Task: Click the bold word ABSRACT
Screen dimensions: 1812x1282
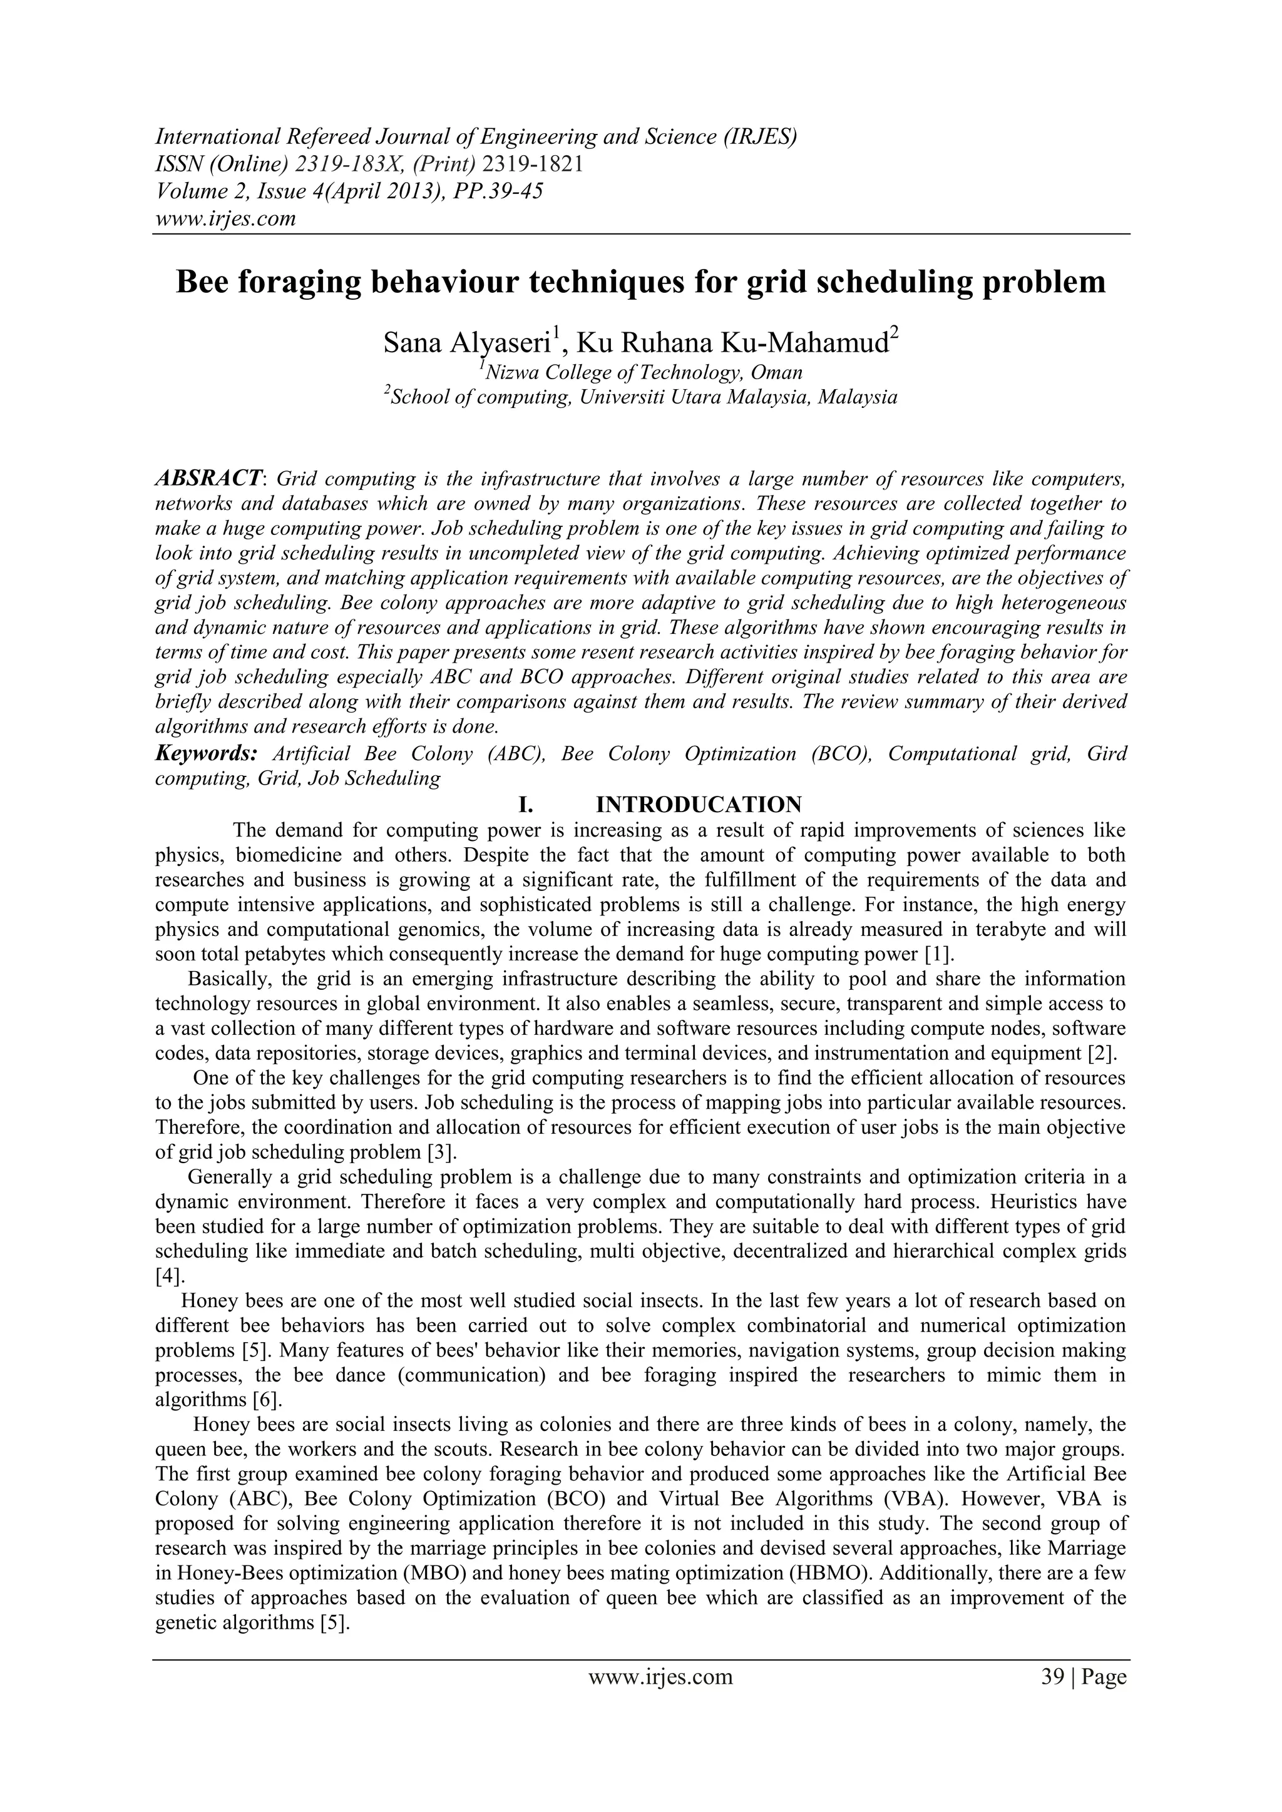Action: click(x=208, y=477)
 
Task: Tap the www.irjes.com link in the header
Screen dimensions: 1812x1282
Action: click(x=225, y=218)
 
